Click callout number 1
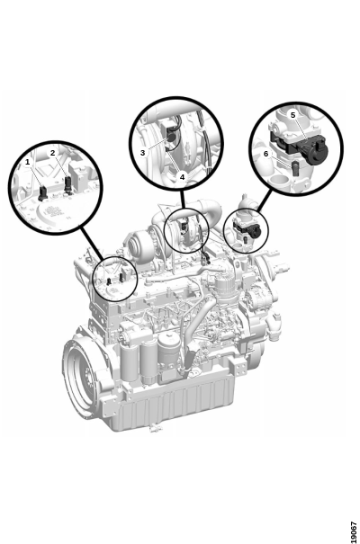(27, 162)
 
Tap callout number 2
(52, 153)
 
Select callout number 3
(143, 152)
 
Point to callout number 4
(183, 176)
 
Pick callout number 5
(293, 115)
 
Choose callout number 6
(265, 154)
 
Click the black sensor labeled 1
(42, 193)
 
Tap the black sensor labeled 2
(68, 183)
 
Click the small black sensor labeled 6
(295, 167)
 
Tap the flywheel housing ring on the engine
(68, 368)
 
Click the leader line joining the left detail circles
(92, 244)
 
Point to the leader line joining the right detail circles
(265, 201)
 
